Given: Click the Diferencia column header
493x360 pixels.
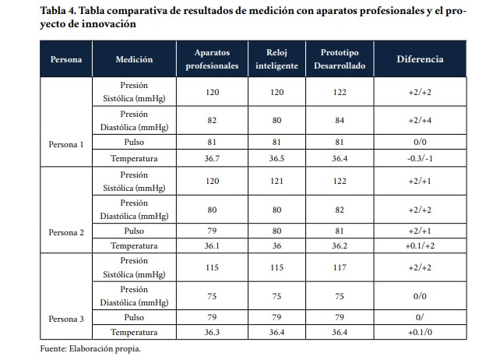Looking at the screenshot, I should pos(420,59).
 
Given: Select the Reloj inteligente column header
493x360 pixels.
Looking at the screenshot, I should pos(276,59).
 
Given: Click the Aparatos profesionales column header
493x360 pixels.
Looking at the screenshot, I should pos(212,59).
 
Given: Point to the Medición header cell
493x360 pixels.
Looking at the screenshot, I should pos(134,59).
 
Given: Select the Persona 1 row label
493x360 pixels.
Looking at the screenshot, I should pos(67,144).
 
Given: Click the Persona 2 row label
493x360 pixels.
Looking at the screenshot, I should pos(67,231).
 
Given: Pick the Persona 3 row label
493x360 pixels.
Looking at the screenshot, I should pos(67,318).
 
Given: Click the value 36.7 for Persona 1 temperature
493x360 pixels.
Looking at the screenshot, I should pos(212,159).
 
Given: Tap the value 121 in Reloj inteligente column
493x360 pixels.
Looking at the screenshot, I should pos(276,181).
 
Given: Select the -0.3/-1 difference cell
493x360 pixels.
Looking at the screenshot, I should pos(420,159).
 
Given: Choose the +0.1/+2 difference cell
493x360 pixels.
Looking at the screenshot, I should pos(420,245).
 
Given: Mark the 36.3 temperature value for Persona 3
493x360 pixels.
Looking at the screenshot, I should pos(212,332).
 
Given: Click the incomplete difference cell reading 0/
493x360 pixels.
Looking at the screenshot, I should pos(420,318).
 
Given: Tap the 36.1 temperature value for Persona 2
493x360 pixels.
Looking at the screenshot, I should pos(212,245).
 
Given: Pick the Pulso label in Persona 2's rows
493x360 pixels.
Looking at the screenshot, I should pos(134,231).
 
